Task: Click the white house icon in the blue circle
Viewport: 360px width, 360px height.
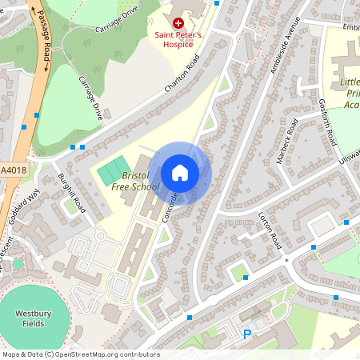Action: point(180,172)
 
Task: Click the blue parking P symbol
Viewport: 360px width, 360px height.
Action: point(247,334)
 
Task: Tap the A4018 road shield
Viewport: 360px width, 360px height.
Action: point(13,170)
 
